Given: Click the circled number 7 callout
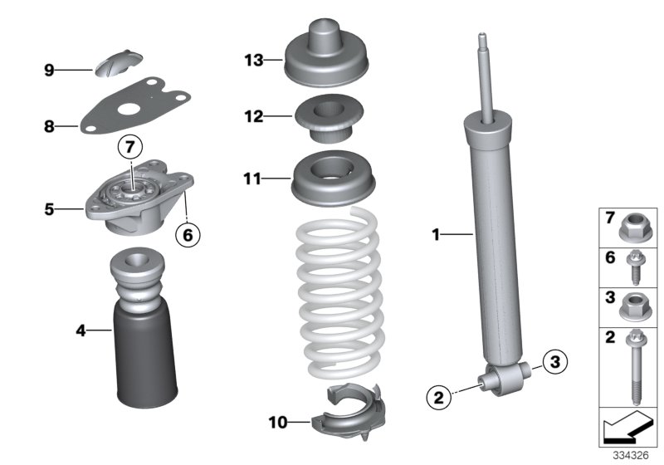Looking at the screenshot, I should [x=129, y=148].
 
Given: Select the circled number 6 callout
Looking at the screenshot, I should [x=188, y=235].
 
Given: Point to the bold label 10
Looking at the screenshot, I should [x=277, y=423].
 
